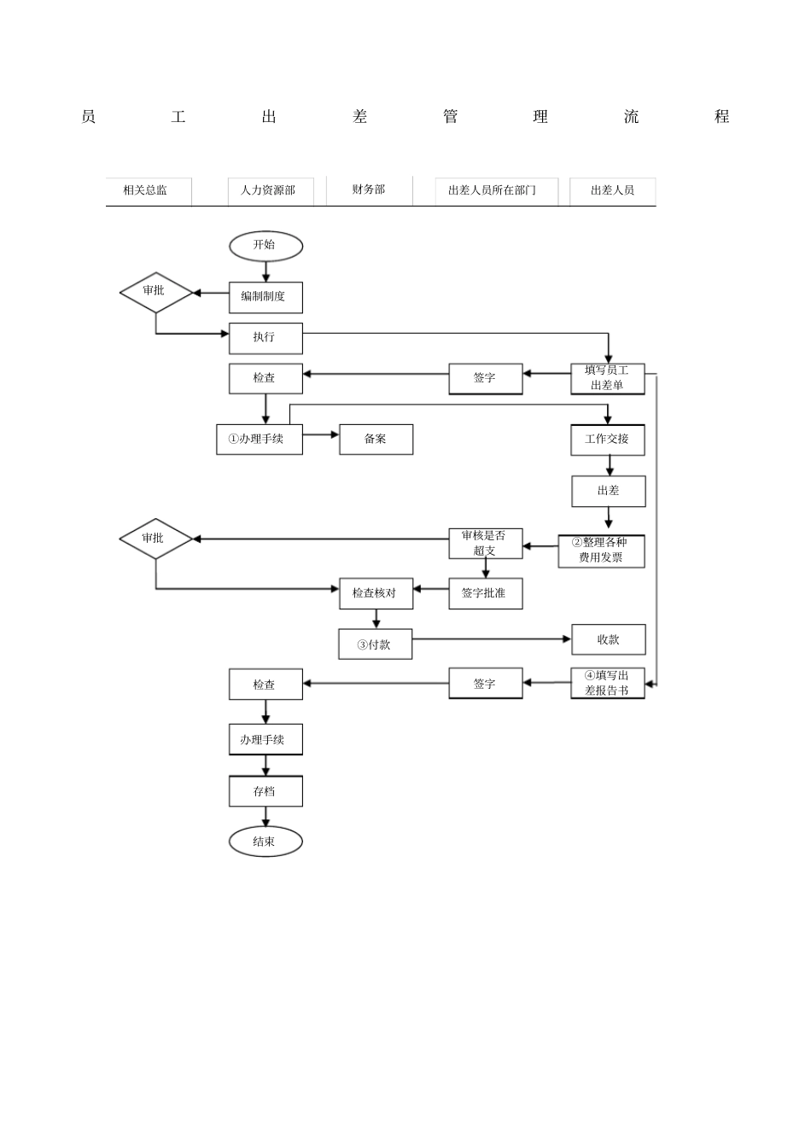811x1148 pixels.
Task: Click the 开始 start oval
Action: coord(265,246)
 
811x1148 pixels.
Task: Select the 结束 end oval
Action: coord(265,842)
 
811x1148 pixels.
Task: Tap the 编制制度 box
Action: coord(265,297)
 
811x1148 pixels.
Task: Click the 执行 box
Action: coord(265,338)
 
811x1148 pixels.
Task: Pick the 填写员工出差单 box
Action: coord(607,378)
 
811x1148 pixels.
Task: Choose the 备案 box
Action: coord(376,440)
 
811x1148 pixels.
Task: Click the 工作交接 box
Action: coord(608,440)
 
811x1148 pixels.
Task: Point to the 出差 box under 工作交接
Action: coord(608,492)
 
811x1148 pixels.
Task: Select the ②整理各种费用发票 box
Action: coord(602,551)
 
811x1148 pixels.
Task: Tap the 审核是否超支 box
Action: coord(485,544)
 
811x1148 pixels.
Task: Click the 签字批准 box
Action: coord(485,593)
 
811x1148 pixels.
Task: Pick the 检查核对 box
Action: coord(376,593)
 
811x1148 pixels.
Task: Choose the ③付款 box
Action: coord(376,644)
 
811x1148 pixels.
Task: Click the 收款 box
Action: coord(608,639)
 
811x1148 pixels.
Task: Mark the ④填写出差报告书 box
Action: coord(607,684)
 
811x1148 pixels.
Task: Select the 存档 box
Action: coord(265,791)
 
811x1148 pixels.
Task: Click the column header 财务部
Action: coord(369,190)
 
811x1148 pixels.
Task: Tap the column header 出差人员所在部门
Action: coord(492,191)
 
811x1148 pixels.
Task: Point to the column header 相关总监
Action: coord(146,191)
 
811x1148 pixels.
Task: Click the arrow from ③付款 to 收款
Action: coord(491,639)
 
